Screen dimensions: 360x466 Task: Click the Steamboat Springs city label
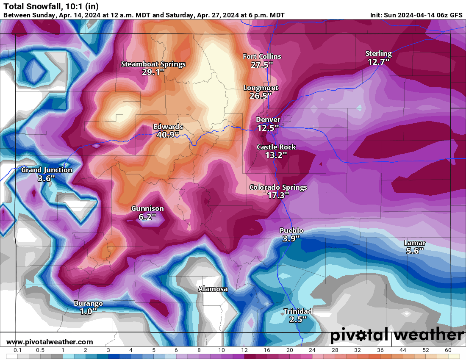[153, 64]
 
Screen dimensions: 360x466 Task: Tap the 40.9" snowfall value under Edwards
[168, 134]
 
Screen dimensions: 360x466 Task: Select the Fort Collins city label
[262, 56]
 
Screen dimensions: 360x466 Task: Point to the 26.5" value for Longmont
[261, 96]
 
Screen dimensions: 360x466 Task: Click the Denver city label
[268, 120]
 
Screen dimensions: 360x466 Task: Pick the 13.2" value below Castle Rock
[276, 155]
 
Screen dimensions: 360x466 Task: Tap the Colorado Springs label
[278, 187]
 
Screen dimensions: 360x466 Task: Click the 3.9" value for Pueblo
[291, 238]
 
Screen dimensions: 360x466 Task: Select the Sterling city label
[378, 53]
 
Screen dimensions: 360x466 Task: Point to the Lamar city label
[415, 243]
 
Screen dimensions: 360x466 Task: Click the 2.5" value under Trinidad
[298, 319]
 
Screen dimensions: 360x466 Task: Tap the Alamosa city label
[213, 289]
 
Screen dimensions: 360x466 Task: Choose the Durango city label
[88, 303]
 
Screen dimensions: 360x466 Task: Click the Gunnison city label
[147, 208]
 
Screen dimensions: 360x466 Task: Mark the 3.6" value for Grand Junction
[47, 178]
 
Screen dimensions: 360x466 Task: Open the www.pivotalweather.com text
[50, 342]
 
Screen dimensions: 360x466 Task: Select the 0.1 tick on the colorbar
[18, 350]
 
